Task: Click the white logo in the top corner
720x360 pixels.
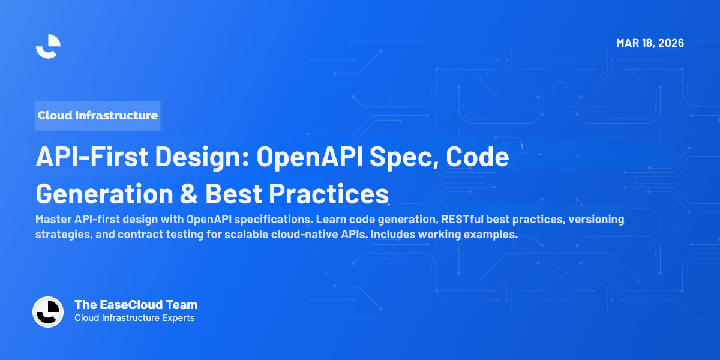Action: (x=48, y=46)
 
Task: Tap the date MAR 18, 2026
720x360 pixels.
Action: (x=650, y=43)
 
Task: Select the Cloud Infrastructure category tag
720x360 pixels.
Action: (x=98, y=115)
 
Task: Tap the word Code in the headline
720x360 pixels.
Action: (x=479, y=157)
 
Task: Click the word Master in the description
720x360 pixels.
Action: (x=53, y=219)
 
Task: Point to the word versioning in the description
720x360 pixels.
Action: (x=590, y=219)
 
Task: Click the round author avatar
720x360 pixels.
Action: (x=48, y=312)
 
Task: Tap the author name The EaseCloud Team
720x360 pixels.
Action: (x=136, y=305)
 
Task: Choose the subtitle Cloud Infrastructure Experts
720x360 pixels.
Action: (x=134, y=318)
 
